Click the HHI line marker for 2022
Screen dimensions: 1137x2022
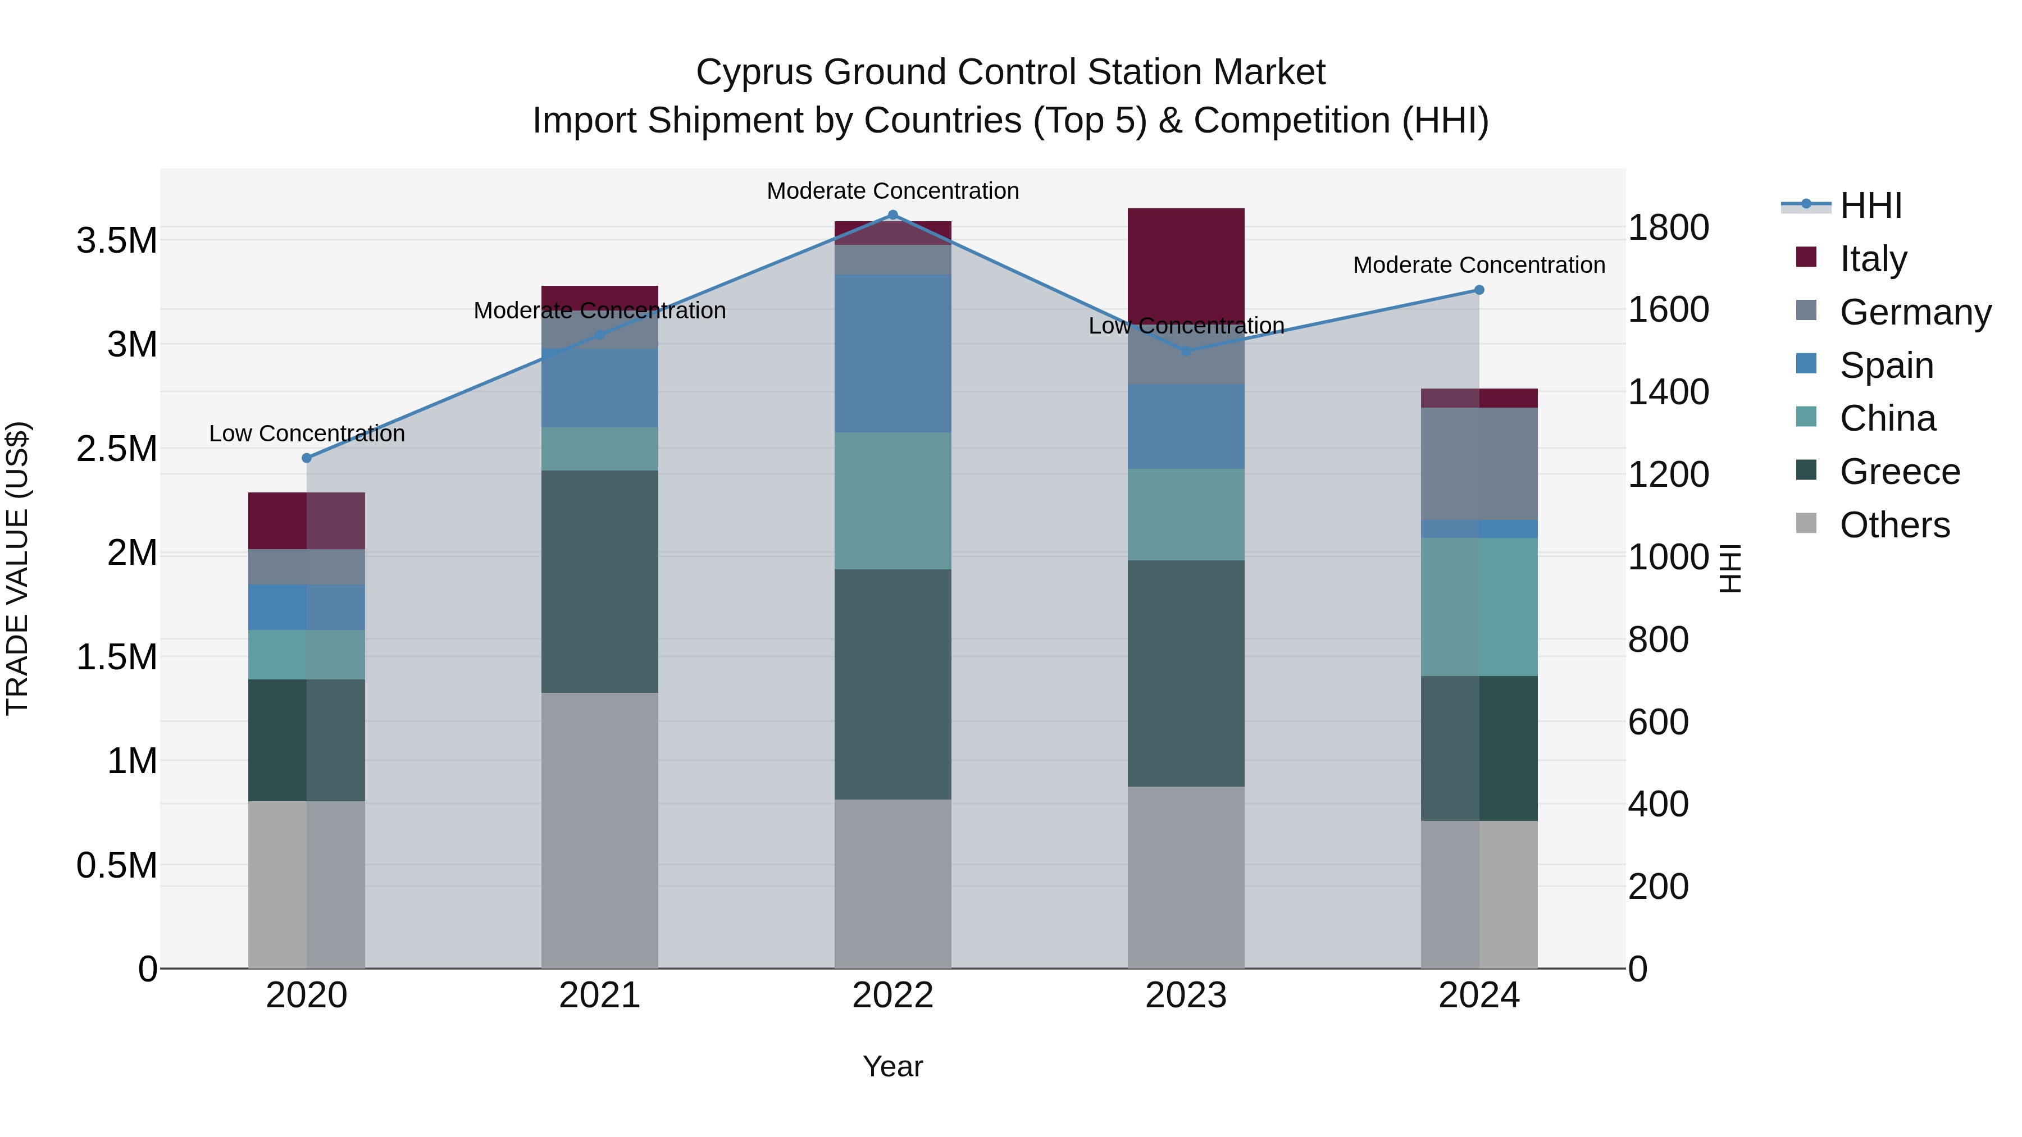(892, 215)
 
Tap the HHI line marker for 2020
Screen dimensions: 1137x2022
(307, 458)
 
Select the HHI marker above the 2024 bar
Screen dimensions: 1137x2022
(1479, 290)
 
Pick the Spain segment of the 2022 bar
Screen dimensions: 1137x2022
(892, 353)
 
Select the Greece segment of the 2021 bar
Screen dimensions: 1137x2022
(600, 582)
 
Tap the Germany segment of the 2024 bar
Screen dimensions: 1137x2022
(1479, 464)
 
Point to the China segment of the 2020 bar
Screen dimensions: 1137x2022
(307, 655)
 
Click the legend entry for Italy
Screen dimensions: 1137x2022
(1872, 259)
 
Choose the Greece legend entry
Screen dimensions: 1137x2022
(1899, 472)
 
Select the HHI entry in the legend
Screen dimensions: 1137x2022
(1870, 206)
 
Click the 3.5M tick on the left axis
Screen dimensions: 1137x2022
(117, 241)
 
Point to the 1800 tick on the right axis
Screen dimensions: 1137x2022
(1668, 229)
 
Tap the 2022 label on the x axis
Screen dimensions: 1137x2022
(892, 996)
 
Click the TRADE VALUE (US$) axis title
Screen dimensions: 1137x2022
(17, 568)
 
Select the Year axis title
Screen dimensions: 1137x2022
(892, 1066)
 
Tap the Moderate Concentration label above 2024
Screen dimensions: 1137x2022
(1479, 265)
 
